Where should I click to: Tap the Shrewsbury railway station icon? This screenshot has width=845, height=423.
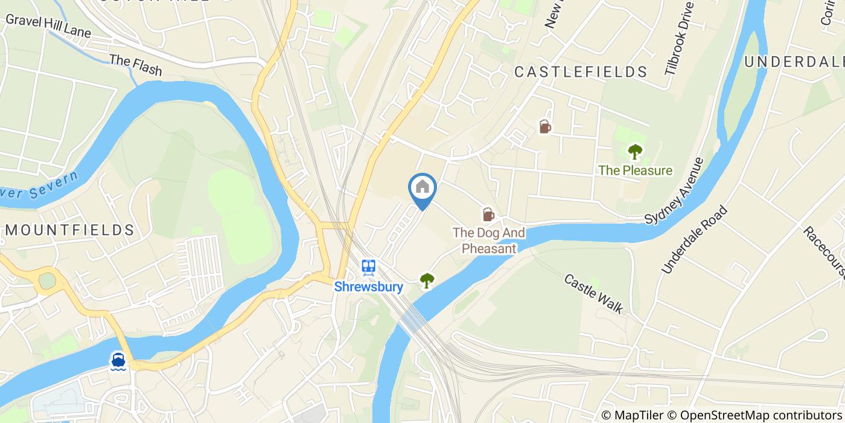click(368, 266)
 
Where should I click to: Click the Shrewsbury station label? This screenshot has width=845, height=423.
click(369, 286)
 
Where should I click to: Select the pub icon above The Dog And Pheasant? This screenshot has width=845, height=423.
click(488, 214)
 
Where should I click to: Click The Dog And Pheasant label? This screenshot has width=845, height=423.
click(489, 241)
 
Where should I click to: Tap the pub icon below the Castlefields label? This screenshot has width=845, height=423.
click(544, 126)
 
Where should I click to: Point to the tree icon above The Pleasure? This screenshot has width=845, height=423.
click(634, 151)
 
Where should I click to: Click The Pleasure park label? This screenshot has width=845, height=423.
click(635, 170)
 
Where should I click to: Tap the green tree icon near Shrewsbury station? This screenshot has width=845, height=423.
click(427, 280)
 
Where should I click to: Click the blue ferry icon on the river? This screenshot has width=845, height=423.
click(118, 361)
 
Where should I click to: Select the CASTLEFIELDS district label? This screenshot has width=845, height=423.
click(581, 72)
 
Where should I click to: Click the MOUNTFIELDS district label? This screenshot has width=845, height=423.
click(69, 230)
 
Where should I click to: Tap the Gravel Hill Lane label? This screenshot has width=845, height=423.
click(48, 25)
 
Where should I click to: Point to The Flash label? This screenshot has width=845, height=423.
click(136, 65)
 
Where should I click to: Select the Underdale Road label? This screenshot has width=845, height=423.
click(695, 239)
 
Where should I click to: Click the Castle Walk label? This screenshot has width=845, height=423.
click(593, 293)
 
